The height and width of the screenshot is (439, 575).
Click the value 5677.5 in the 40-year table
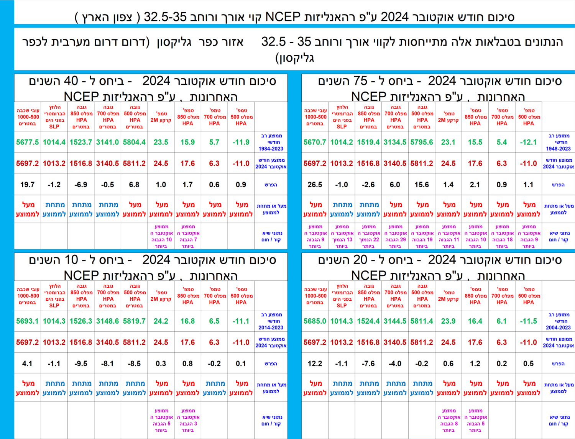click(x=28, y=142)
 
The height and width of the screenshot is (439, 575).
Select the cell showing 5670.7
click(x=315, y=142)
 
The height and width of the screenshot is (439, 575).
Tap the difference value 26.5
click(x=315, y=185)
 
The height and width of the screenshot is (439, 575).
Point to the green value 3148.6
click(x=107, y=321)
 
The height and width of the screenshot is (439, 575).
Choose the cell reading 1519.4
click(x=368, y=142)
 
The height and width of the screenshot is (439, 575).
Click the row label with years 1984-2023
click(x=271, y=142)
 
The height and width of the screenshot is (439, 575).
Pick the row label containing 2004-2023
click(x=558, y=321)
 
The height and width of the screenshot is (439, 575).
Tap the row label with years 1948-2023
click(x=558, y=142)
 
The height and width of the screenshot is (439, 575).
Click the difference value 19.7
click(x=28, y=185)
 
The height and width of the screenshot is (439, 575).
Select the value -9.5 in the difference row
click(x=81, y=364)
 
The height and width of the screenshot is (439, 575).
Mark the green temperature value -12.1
click(x=528, y=142)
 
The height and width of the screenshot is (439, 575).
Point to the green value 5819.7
click(x=134, y=321)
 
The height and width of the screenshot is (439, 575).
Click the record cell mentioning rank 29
click(x=395, y=236)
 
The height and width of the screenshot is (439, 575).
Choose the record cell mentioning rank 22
click(x=368, y=236)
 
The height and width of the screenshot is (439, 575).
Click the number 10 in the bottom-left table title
click(x=71, y=260)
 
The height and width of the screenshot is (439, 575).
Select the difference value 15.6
click(x=422, y=185)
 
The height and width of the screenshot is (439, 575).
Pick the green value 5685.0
click(x=315, y=321)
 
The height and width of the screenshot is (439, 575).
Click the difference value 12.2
click(x=315, y=364)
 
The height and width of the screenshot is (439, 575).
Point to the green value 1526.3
click(x=81, y=321)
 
